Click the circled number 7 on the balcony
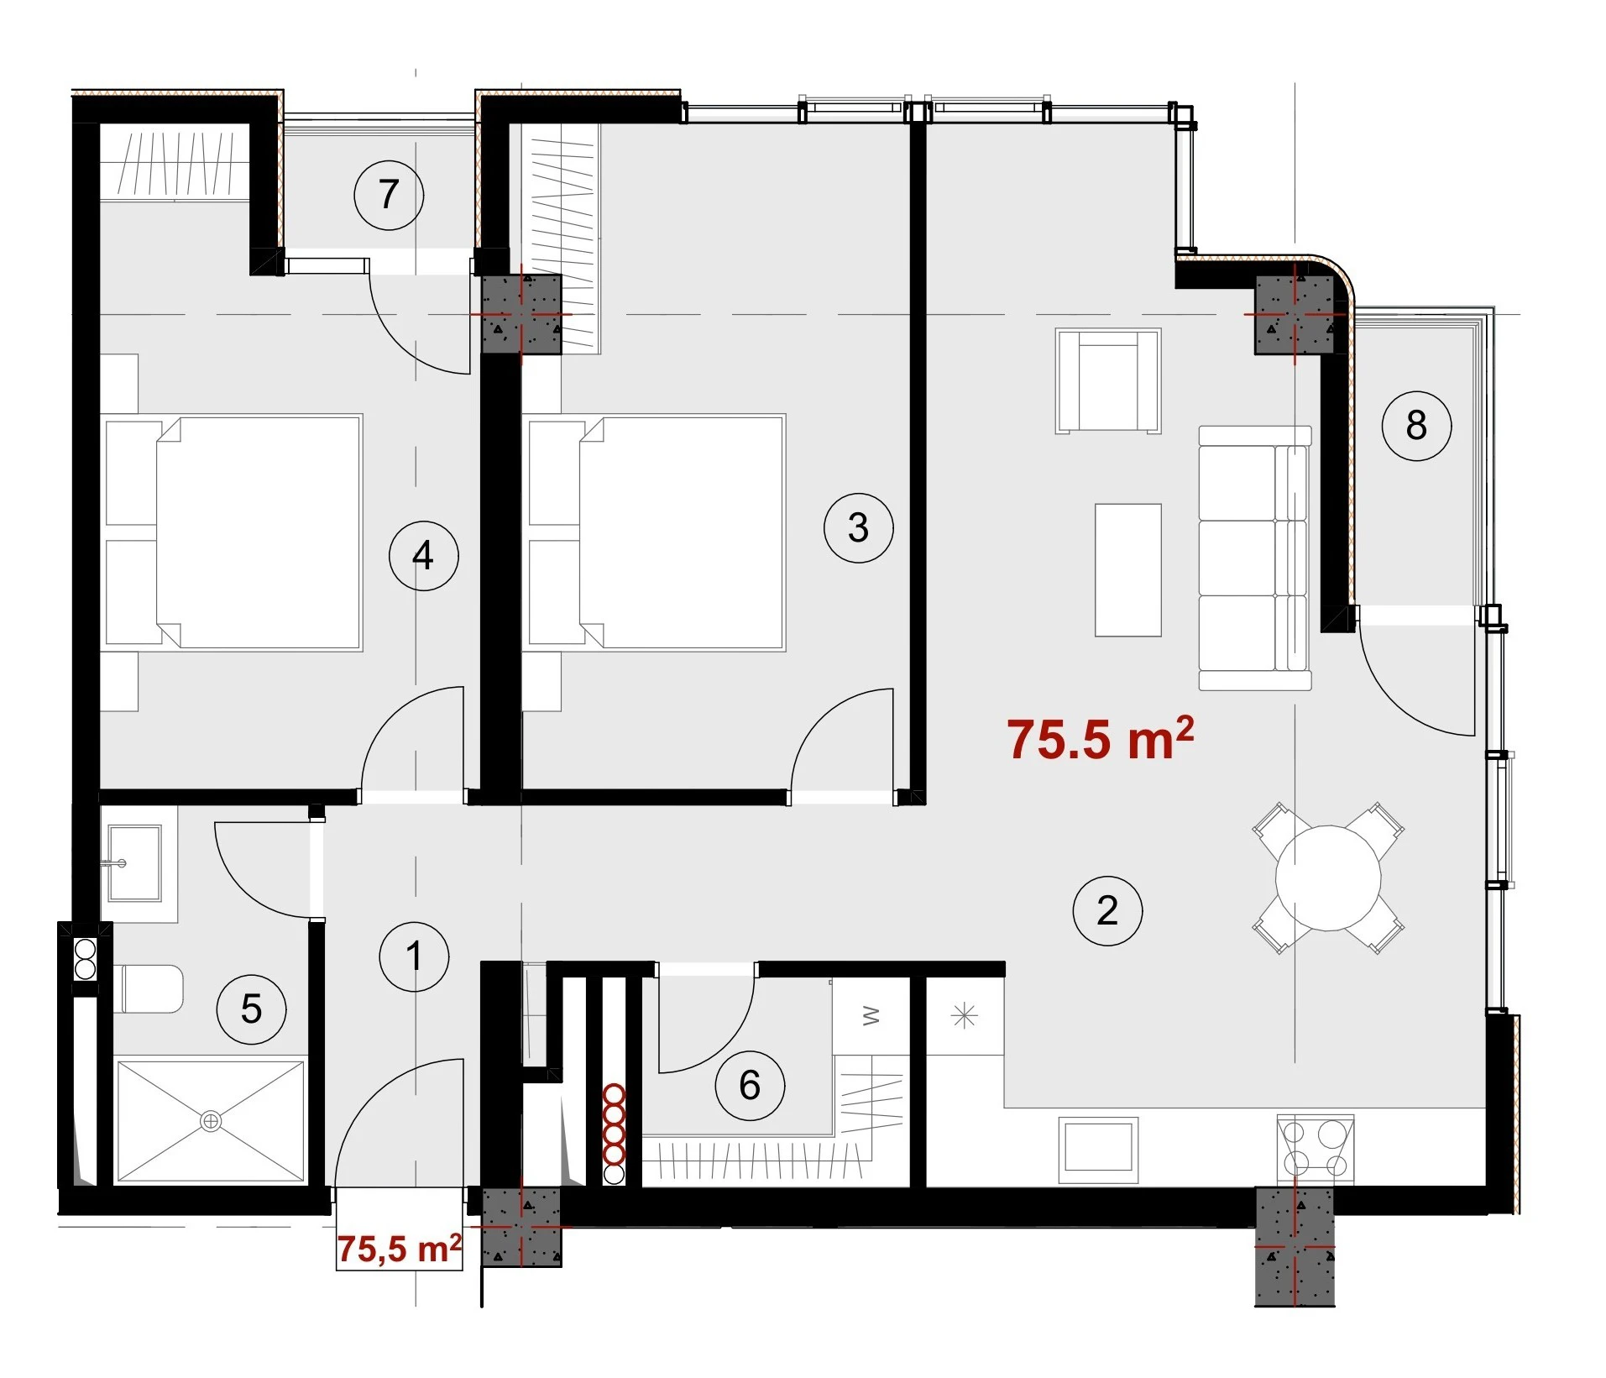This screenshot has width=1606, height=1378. pyautogui.click(x=389, y=196)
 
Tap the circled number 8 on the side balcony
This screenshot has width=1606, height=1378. pyautogui.click(x=1416, y=426)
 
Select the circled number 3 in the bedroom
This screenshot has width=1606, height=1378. pyautogui.click(x=858, y=527)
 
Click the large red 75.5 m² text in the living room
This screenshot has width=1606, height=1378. pyautogui.click(x=1100, y=739)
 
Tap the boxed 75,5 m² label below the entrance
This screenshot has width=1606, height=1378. pyautogui.click(x=400, y=1249)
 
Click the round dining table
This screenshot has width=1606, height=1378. pyautogui.click(x=1328, y=878)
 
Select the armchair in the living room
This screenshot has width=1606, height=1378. pyautogui.click(x=1108, y=381)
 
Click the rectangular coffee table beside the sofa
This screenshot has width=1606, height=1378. pyautogui.click(x=1128, y=570)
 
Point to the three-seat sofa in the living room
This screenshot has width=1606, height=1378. pyautogui.click(x=1254, y=558)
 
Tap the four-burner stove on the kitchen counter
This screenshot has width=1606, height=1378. pyautogui.click(x=1315, y=1149)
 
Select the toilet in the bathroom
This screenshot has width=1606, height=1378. pyautogui.click(x=149, y=988)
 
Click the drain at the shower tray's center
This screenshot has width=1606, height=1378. pyautogui.click(x=211, y=1121)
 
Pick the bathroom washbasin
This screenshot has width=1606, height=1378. pyautogui.click(x=134, y=862)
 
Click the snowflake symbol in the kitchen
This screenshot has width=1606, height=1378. pyautogui.click(x=965, y=1016)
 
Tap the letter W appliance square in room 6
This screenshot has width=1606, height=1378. pyautogui.click(x=871, y=1016)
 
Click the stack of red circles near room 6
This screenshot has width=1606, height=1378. pyautogui.click(x=615, y=1134)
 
